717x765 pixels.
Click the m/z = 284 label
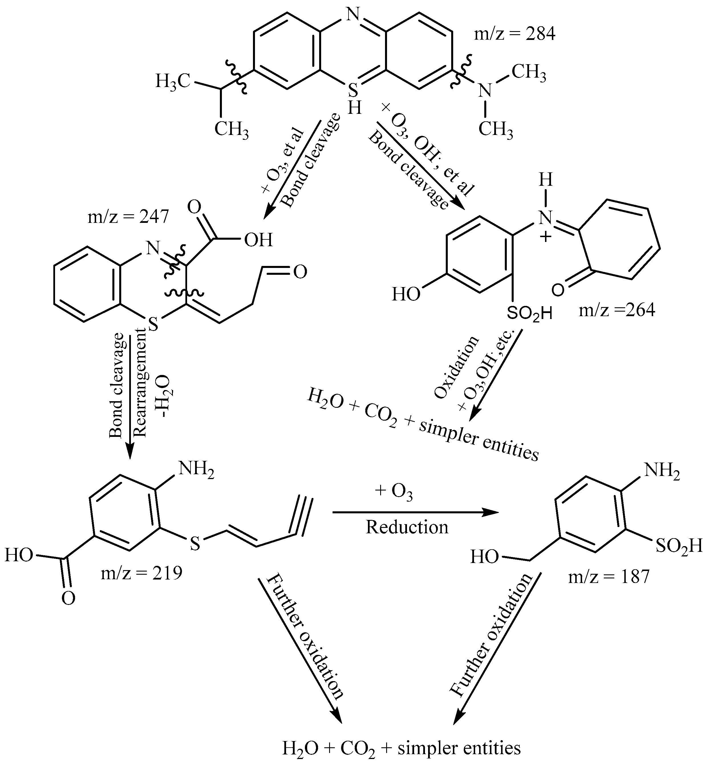[x=515, y=35]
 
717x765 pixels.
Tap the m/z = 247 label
[x=128, y=218]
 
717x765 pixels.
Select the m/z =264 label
[x=617, y=310]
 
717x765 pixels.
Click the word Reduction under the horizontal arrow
[x=407, y=527]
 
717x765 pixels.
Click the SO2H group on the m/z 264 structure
[x=529, y=314]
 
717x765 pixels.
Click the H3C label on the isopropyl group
[x=173, y=81]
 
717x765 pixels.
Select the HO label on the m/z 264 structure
[x=406, y=295]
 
